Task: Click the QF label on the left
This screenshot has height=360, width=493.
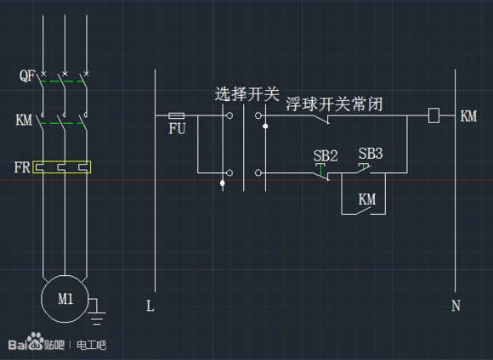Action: click(26, 76)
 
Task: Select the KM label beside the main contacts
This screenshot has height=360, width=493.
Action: click(24, 121)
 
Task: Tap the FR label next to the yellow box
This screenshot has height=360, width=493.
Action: click(21, 166)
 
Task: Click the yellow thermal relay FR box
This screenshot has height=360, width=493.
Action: click(62, 167)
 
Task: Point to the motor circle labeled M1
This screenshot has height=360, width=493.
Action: click(65, 299)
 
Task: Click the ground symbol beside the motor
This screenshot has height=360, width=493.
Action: click(98, 316)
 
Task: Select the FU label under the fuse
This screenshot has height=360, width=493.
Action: click(177, 130)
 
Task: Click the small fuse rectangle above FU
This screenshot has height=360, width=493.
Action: click(177, 115)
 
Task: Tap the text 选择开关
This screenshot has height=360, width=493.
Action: click(246, 94)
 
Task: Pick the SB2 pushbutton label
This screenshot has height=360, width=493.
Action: click(326, 155)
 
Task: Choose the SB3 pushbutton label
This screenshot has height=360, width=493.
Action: click(370, 154)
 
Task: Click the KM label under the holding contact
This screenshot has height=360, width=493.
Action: click(367, 199)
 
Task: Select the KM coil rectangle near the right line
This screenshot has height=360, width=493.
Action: click(433, 115)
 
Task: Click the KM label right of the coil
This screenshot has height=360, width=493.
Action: click(468, 115)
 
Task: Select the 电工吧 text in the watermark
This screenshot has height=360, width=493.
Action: click(91, 346)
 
